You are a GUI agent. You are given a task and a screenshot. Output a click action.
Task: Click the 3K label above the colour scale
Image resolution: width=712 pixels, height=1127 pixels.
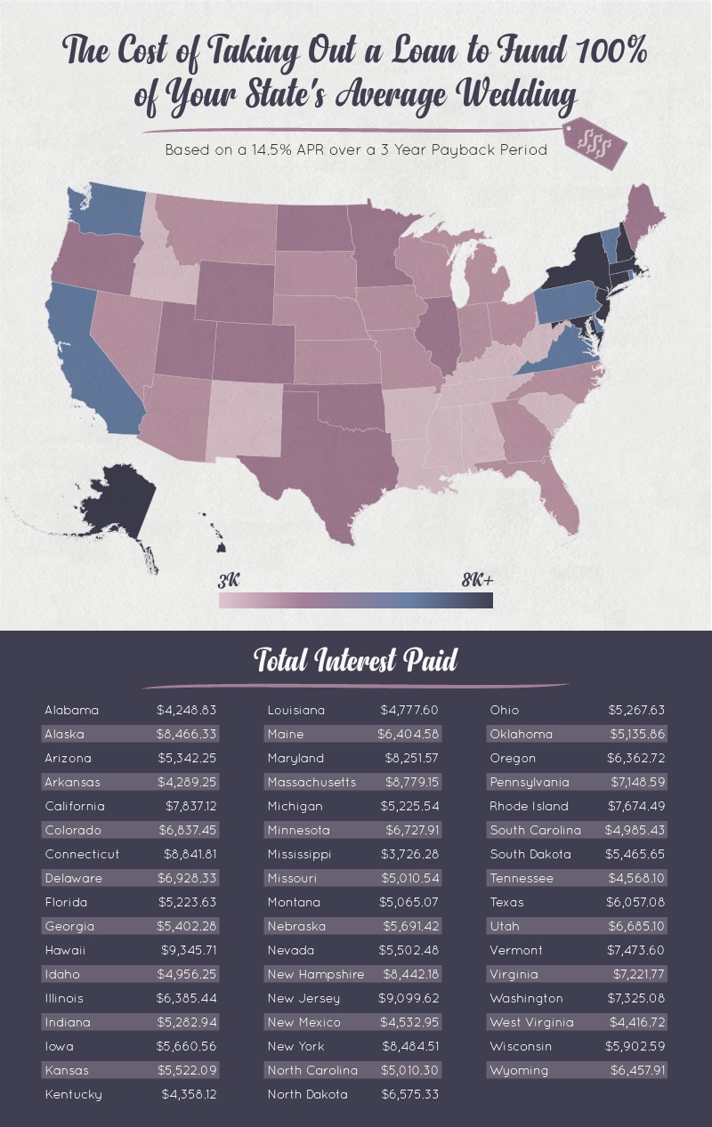tap(229, 581)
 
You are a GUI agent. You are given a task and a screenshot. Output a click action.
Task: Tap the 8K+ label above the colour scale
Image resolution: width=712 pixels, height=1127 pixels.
tap(477, 581)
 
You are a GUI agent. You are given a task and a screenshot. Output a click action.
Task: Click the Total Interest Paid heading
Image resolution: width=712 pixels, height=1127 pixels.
tap(356, 660)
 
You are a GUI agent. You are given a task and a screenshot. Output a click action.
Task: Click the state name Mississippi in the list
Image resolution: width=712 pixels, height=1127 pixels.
tap(299, 854)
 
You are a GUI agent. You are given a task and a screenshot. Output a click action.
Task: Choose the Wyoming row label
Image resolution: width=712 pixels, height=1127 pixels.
tap(519, 1070)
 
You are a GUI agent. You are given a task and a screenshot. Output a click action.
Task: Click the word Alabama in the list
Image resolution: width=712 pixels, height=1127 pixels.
tap(72, 710)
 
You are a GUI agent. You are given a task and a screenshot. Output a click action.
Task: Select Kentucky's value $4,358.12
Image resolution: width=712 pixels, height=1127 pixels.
tap(188, 1094)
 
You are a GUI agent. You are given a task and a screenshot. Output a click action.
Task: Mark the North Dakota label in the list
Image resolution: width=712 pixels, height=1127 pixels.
tap(307, 1094)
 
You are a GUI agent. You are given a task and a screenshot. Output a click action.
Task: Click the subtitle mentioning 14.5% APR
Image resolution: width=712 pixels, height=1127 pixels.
tap(356, 150)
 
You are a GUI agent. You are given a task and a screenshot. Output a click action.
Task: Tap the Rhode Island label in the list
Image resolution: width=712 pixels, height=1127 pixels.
tap(530, 806)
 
